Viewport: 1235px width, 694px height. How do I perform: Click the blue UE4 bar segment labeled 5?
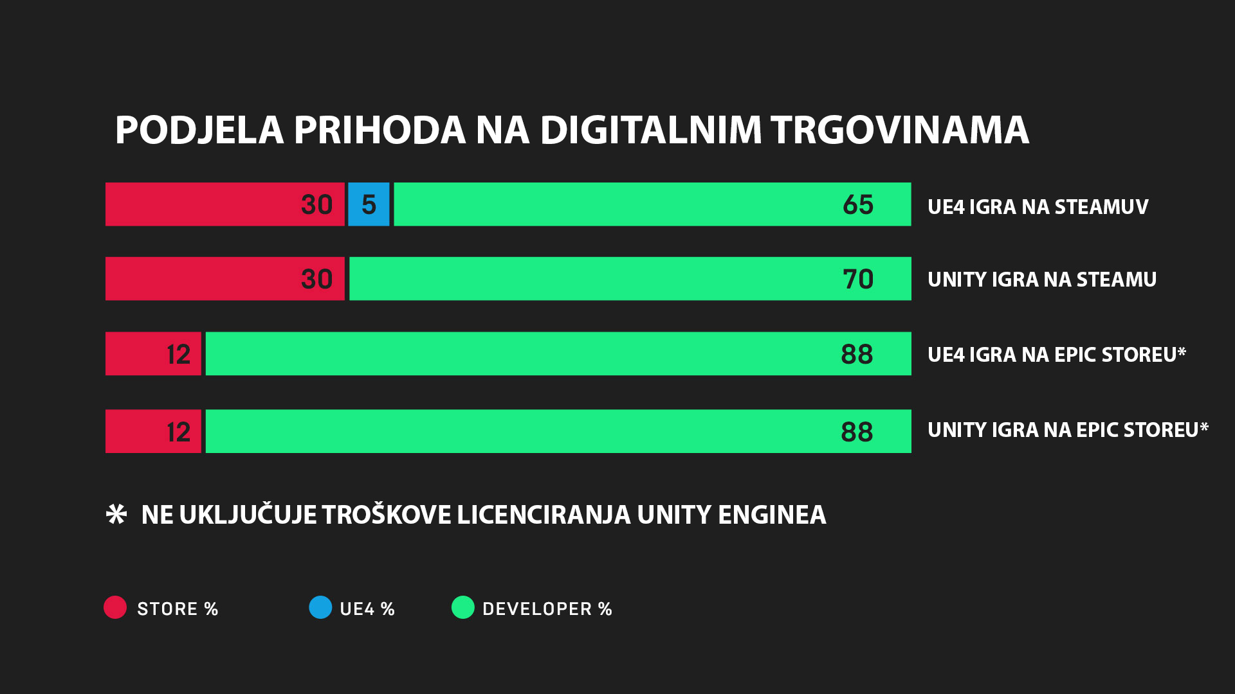tap(369, 204)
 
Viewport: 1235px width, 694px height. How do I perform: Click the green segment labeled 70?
tap(630, 279)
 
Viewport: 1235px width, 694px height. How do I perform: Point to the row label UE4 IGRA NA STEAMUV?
tap(1038, 207)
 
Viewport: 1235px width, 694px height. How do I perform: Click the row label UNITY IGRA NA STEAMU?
tap(1041, 280)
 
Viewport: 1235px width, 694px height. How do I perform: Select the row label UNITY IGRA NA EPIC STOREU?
tap(1067, 430)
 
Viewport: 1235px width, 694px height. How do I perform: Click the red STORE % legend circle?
tap(115, 607)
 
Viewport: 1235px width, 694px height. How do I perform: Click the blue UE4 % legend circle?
tap(320, 607)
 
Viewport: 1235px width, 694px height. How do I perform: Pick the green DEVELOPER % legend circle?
tap(462, 607)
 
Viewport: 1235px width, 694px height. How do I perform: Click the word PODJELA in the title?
tap(199, 130)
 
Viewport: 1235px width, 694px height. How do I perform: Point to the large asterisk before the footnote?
tap(116, 515)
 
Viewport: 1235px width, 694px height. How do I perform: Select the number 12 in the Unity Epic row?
tap(178, 432)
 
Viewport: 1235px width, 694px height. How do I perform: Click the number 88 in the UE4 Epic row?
tap(857, 354)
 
